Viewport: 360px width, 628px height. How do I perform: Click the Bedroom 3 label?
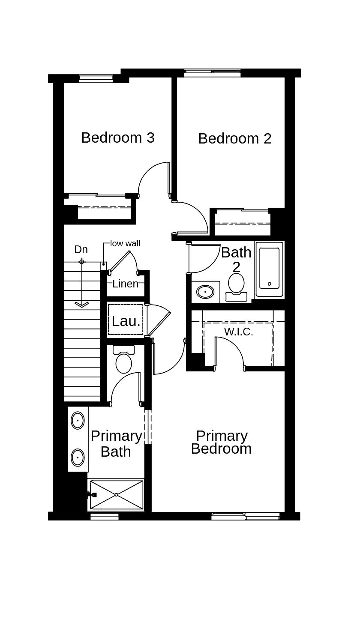click(118, 138)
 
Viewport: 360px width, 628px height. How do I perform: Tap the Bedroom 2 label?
click(235, 138)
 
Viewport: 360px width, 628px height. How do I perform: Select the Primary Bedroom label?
click(221, 442)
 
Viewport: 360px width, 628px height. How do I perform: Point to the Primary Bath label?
click(116, 443)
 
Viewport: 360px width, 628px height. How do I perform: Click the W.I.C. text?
click(238, 332)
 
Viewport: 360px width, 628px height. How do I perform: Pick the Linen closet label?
click(126, 284)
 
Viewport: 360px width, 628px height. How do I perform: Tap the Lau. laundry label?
click(126, 321)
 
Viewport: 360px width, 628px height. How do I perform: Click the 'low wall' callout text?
click(125, 243)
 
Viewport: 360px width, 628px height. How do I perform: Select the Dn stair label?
click(81, 249)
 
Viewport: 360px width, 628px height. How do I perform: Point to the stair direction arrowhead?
click(81, 305)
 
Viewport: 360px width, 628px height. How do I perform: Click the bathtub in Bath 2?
click(269, 269)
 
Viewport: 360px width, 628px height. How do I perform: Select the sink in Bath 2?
click(205, 292)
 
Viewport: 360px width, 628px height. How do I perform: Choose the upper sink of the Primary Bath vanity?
click(78, 420)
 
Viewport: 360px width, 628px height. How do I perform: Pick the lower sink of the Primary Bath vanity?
click(78, 457)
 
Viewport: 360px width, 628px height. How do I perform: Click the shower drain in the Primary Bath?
click(116, 495)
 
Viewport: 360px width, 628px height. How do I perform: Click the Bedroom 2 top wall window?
click(212, 73)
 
